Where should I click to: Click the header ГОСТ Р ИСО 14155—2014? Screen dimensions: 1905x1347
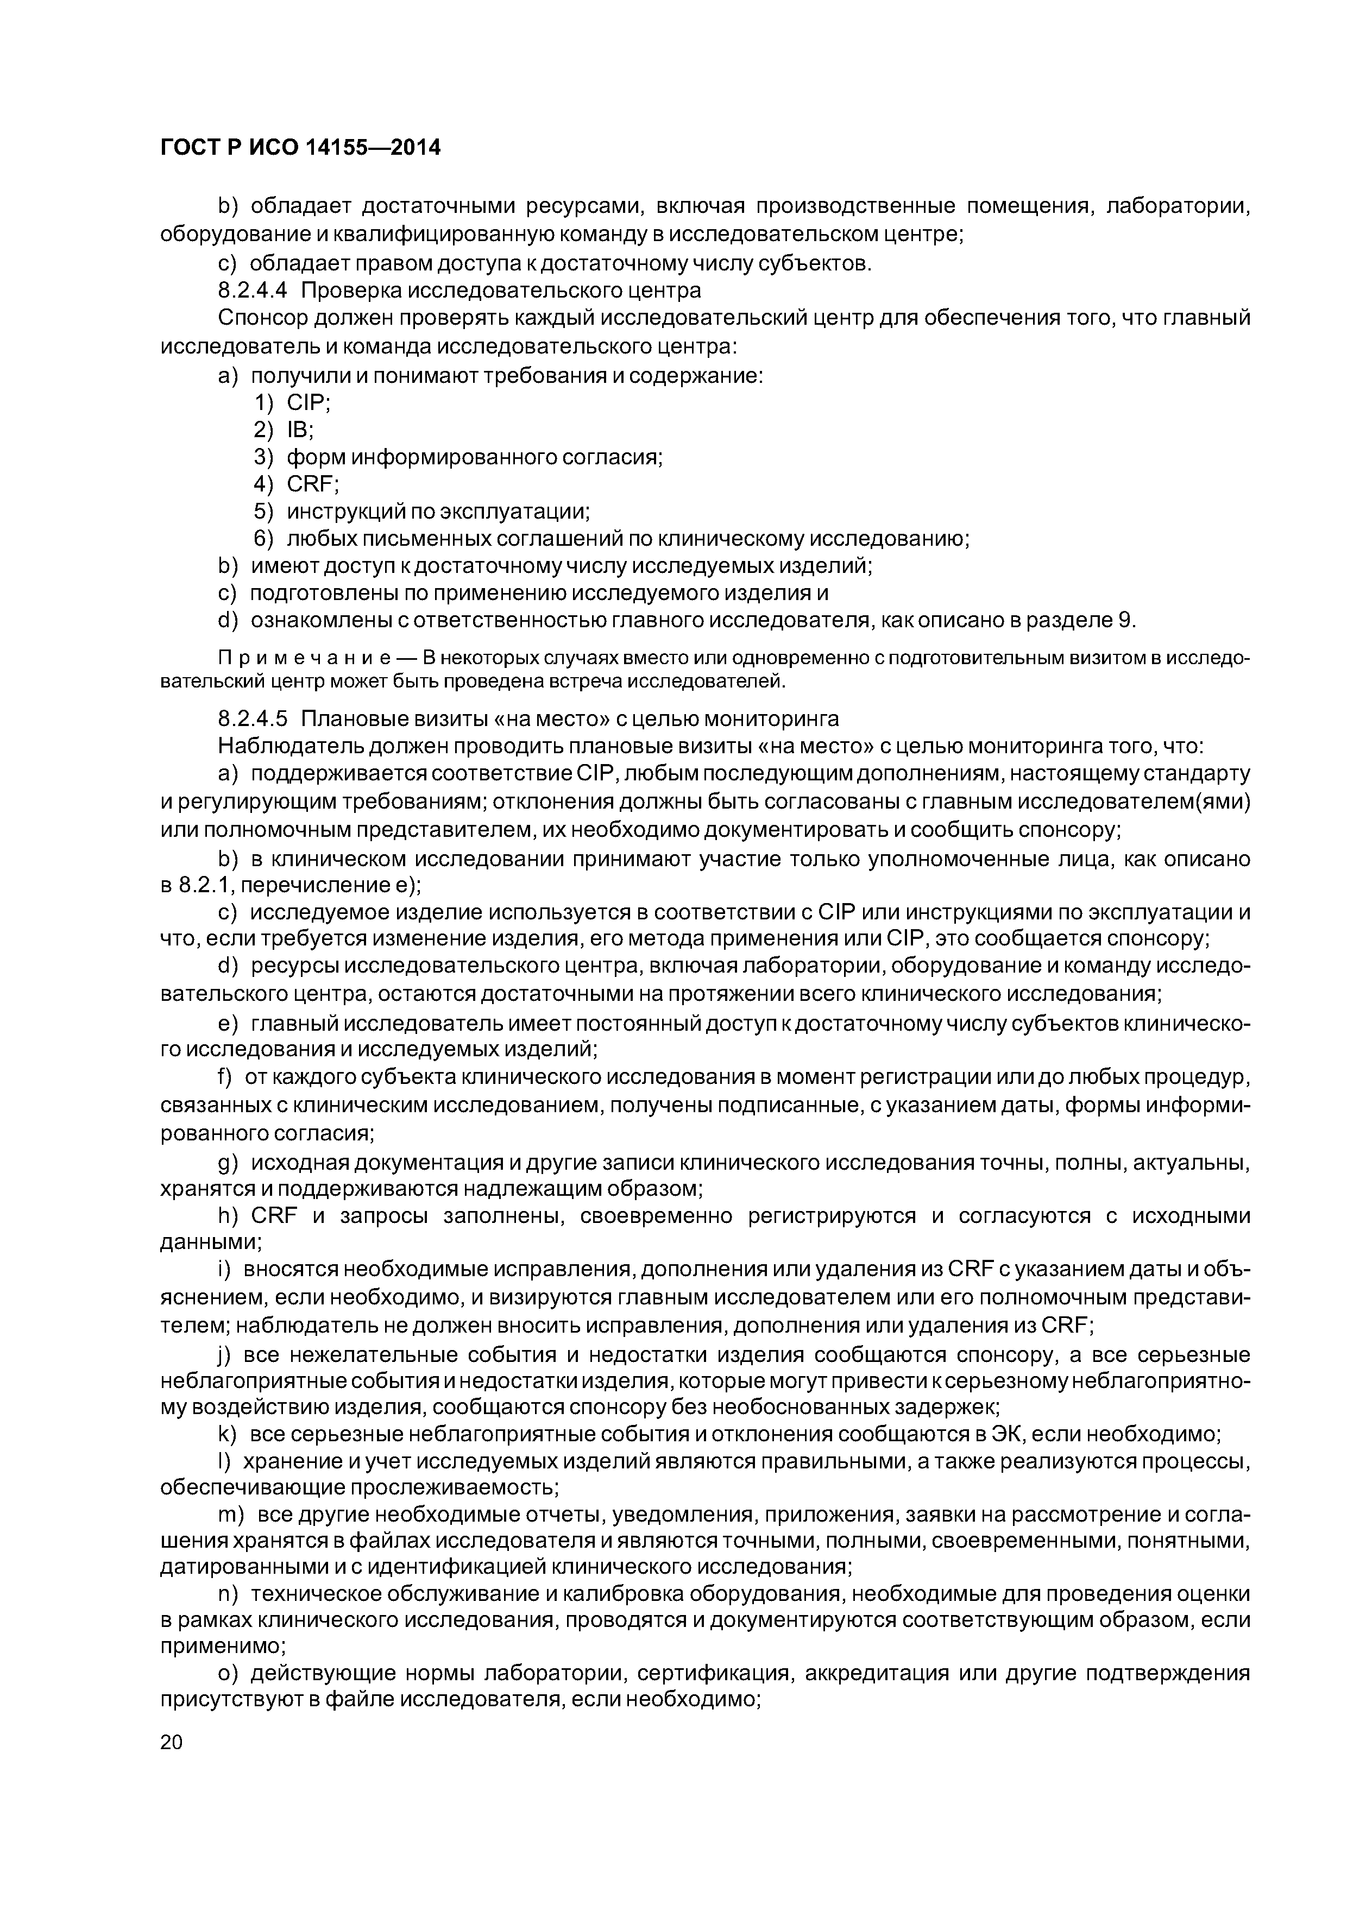(300, 148)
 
